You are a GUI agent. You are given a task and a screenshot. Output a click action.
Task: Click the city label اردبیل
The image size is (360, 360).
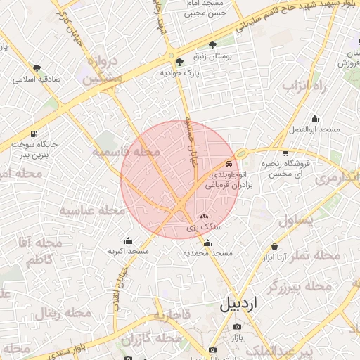(239, 304)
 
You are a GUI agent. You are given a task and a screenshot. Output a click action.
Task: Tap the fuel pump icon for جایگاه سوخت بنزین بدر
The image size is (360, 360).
(34, 134)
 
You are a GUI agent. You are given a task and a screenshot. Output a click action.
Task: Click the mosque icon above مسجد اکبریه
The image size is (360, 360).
(127, 240)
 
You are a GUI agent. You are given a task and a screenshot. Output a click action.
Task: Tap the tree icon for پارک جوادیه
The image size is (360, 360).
(179, 61)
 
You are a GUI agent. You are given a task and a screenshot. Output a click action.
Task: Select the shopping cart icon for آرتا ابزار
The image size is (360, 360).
(274, 247)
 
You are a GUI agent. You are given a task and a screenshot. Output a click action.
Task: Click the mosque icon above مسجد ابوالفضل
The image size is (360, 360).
(314, 118)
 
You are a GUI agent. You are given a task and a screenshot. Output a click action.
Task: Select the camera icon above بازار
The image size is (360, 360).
(236, 328)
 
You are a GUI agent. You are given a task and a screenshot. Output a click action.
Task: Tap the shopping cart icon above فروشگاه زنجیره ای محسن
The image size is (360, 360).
(285, 153)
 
